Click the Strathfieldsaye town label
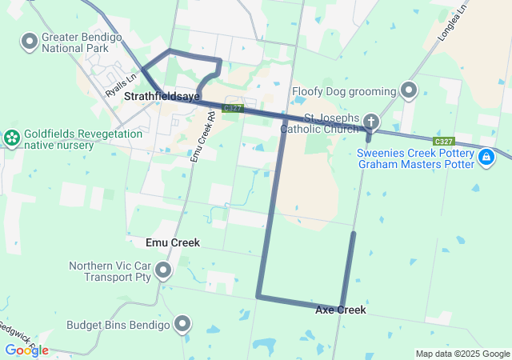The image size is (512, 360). (162, 96)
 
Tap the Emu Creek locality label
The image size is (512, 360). (173, 242)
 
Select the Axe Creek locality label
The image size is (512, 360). (341, 310)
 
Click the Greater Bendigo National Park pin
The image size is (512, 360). (30, 40)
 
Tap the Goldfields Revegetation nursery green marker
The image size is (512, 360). (12, 138)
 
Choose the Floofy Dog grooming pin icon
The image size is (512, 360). (410, 90)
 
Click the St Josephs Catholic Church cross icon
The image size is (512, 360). (370, 122)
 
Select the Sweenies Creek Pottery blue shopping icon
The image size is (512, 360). (486, 158)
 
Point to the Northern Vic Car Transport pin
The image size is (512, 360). (164, 270)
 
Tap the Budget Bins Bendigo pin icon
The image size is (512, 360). (182, 324)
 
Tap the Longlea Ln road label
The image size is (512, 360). (452, 24)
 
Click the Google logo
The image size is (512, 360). (26, 350)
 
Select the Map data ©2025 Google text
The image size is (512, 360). (462, 354)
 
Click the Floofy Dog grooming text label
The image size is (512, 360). (344, 91)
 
